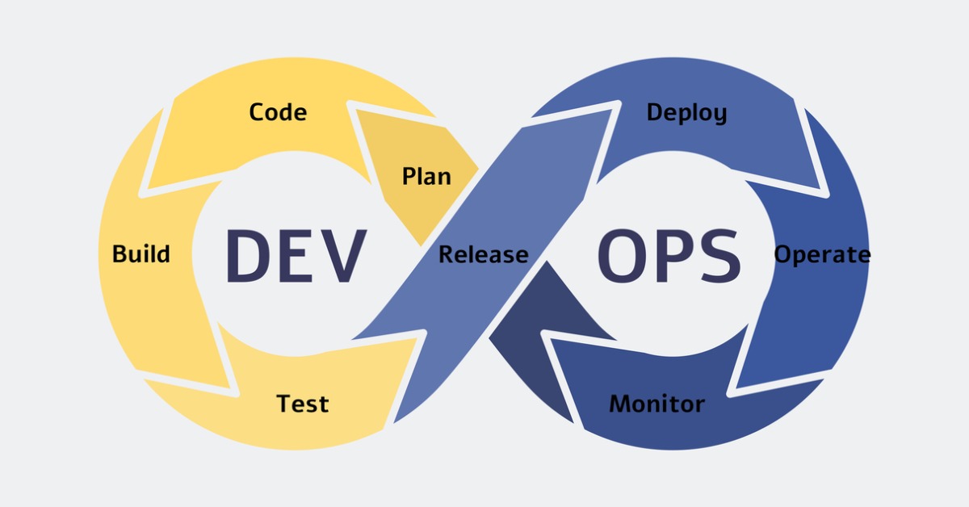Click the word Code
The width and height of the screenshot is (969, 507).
coord(278,111)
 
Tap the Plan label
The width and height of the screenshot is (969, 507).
coord(426,176)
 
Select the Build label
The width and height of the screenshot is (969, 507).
coord(141,254)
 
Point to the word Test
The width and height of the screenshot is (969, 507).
coord(303,403)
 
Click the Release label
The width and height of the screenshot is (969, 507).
coord(483,255)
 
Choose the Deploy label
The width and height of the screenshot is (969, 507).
coord(686,113)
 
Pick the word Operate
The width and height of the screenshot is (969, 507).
coord(822,255)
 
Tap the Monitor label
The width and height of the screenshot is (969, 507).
coord(656,403)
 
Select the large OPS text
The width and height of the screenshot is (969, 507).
coord(669,256)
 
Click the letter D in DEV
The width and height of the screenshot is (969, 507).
coord(247,256)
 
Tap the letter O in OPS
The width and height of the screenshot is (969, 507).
coord(622,256)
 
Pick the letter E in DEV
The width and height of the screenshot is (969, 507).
coord(297,256)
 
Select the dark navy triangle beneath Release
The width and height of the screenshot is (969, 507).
coord(533,323)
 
